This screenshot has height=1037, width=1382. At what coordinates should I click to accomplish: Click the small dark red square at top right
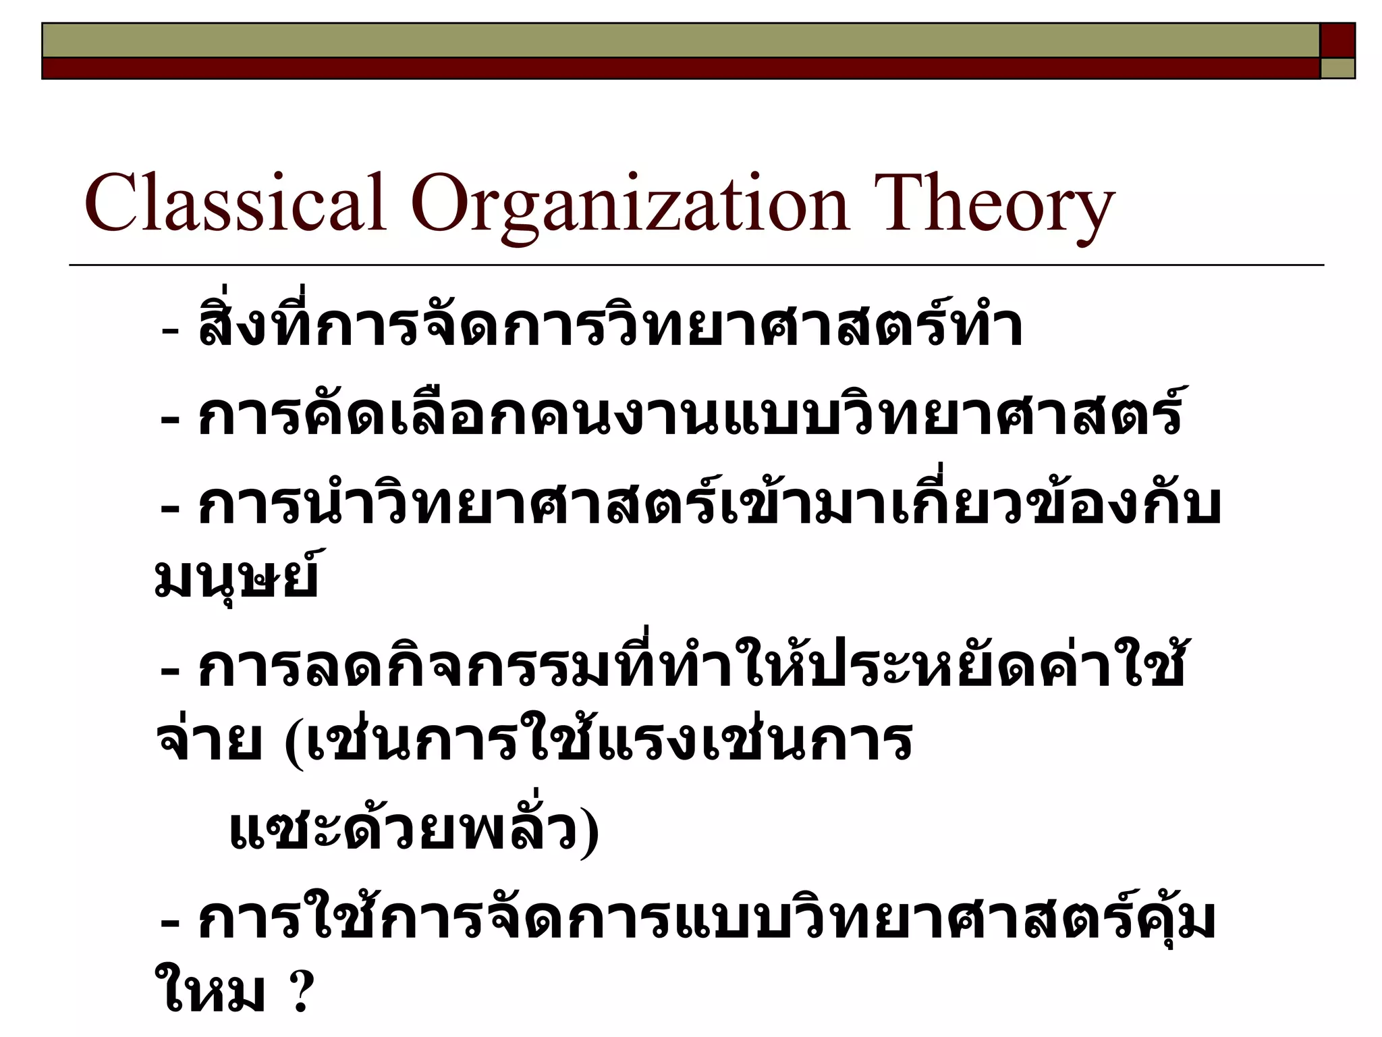(x=1337, y=40)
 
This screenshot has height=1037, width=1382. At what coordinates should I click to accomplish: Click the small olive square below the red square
(x=1337, y=68)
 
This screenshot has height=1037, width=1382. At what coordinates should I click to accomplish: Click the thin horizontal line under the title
(x=695, y=265)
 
